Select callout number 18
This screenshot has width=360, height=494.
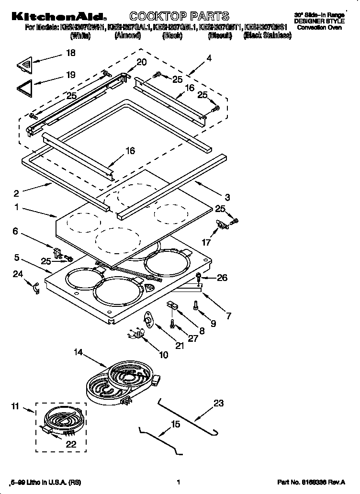coord(70,53)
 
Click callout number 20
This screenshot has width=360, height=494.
coord(142,62)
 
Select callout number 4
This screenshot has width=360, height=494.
coord(209,58)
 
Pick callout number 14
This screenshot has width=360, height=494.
coord(78,353)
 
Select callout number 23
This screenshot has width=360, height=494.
coord(218,403)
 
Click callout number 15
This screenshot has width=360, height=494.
coord(175,424)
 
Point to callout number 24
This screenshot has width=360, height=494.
coord(17,274)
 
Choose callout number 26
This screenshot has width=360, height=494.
coord(222,278)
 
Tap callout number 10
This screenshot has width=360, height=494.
coord(163,355)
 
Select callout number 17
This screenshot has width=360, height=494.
coord(206,242)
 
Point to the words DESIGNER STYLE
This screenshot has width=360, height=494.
coord(319,22)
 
